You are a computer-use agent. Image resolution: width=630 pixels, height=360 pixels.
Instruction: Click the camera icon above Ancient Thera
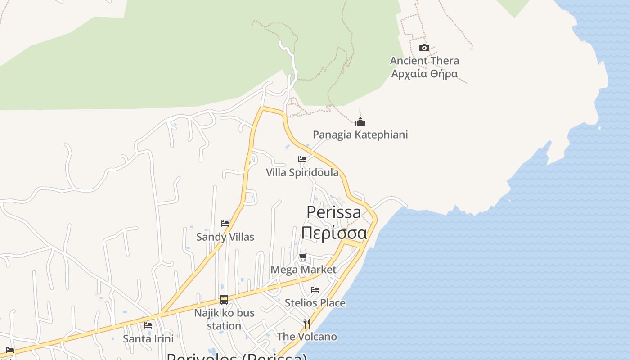click(x=424, y=48)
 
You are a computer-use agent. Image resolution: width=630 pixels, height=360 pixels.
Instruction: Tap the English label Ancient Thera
click(x=424, y=61)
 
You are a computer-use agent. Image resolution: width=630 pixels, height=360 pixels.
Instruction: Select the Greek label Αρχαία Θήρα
click(x=424, y=74)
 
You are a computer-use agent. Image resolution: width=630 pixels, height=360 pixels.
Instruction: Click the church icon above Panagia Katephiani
click(x=360, y=121)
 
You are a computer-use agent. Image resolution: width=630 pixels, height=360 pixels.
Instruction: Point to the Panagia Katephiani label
click(x=360, y=135)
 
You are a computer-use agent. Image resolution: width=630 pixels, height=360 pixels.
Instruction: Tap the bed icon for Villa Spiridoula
click(x=302, y=159)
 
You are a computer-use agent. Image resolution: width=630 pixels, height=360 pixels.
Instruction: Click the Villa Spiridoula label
click(x=302, y=172)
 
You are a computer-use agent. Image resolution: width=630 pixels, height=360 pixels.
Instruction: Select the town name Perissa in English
click(x=333, y=212)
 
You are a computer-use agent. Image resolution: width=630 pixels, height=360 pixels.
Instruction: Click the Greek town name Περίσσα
click(x=334, y=233)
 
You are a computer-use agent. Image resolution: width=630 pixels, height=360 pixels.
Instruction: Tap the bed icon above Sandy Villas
click(x=225, y=224)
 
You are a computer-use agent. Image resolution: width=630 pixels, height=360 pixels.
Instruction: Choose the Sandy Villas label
click(x=225, y=237)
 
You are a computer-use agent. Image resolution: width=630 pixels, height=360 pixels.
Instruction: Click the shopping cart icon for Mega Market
click(x=303, y=257)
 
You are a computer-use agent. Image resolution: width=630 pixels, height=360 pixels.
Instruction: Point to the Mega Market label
click(x=303, y=270)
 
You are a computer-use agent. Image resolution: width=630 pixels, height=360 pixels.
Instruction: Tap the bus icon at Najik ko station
click(x=224, y=300)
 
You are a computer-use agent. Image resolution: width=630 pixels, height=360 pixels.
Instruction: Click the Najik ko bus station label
click(x=224, y=319)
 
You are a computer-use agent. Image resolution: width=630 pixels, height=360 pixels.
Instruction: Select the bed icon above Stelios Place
click(x=315, y=290)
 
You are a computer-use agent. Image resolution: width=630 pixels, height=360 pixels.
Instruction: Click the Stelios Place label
click(x=315, y=303)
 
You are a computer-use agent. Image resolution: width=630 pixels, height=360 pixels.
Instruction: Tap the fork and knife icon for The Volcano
click(x=307, y=324)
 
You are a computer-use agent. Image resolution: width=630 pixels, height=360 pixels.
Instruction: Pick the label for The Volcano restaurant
click(x=307, y=337)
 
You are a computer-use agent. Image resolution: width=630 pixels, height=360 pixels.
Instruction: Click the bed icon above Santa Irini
click(x=148, y=325)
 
